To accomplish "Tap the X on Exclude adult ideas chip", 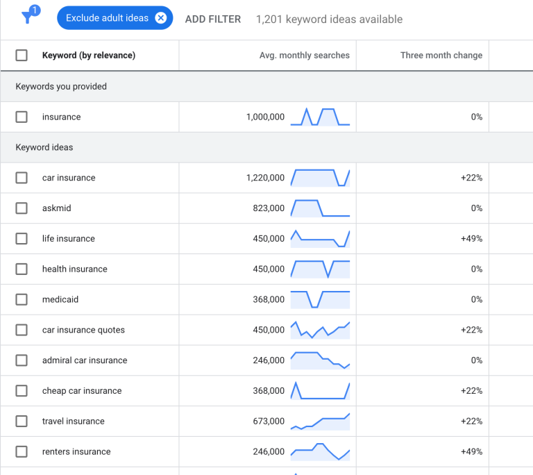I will point(161,18).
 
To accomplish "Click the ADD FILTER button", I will point(213,19).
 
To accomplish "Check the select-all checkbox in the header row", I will point(22,56).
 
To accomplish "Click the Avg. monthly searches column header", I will point(305,56).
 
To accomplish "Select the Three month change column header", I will point(441,56).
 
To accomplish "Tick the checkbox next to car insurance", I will point(22,178).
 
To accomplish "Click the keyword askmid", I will point(57,208).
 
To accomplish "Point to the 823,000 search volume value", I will point(269,208).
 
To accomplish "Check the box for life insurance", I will point(22,239).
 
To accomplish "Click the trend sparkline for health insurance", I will point(320,269).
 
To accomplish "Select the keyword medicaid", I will point(60,299).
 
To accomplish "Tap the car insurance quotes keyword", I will point(83,330).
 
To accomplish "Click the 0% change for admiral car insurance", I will point(476,360).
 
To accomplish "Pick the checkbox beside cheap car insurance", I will point(22,391).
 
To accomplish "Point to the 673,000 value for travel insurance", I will point(269,422).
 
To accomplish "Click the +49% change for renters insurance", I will point(471,451).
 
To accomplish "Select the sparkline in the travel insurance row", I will point(320,422).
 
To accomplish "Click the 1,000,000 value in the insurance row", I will point(265,117).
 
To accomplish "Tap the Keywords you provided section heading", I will point(61,87).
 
